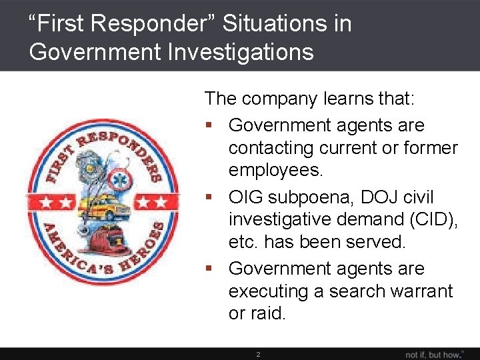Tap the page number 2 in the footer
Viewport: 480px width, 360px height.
[x=259, y=354]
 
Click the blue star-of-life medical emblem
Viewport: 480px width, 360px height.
[x=121, y=179]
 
